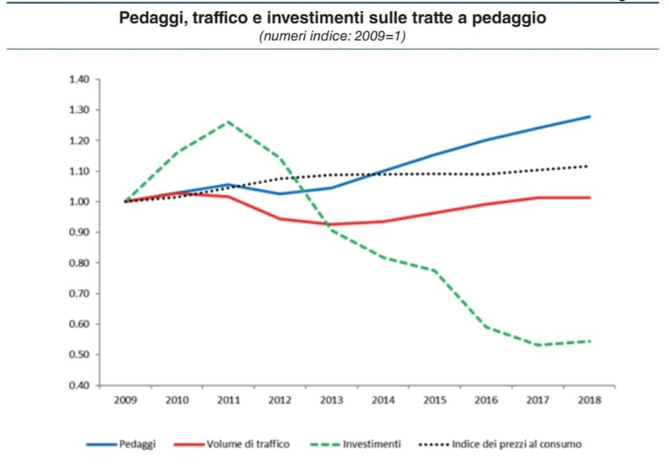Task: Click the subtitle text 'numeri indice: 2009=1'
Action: tap(332, 36)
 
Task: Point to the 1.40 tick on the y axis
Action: tap(79, 80)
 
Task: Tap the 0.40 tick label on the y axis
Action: tap(79, 385)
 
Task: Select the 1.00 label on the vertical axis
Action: tap(79, 202)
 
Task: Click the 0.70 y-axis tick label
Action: tap(79, 294)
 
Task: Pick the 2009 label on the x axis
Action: tap(125, 400)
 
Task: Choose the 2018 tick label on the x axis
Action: tap(590, 400)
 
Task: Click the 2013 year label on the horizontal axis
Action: tap(332, 400)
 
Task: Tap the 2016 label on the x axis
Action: tap(486, 400)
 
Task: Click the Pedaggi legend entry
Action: tap(137, 444)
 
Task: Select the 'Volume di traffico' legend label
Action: tap(247, 444)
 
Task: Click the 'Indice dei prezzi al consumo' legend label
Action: tap(516, 444)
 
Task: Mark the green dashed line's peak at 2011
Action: tap(229, 122)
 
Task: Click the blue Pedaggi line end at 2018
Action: tap(590, 116)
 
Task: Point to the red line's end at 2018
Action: tap(590, 197)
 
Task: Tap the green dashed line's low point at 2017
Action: tap(538, 345)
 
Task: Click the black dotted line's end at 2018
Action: tap(590, 166)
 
